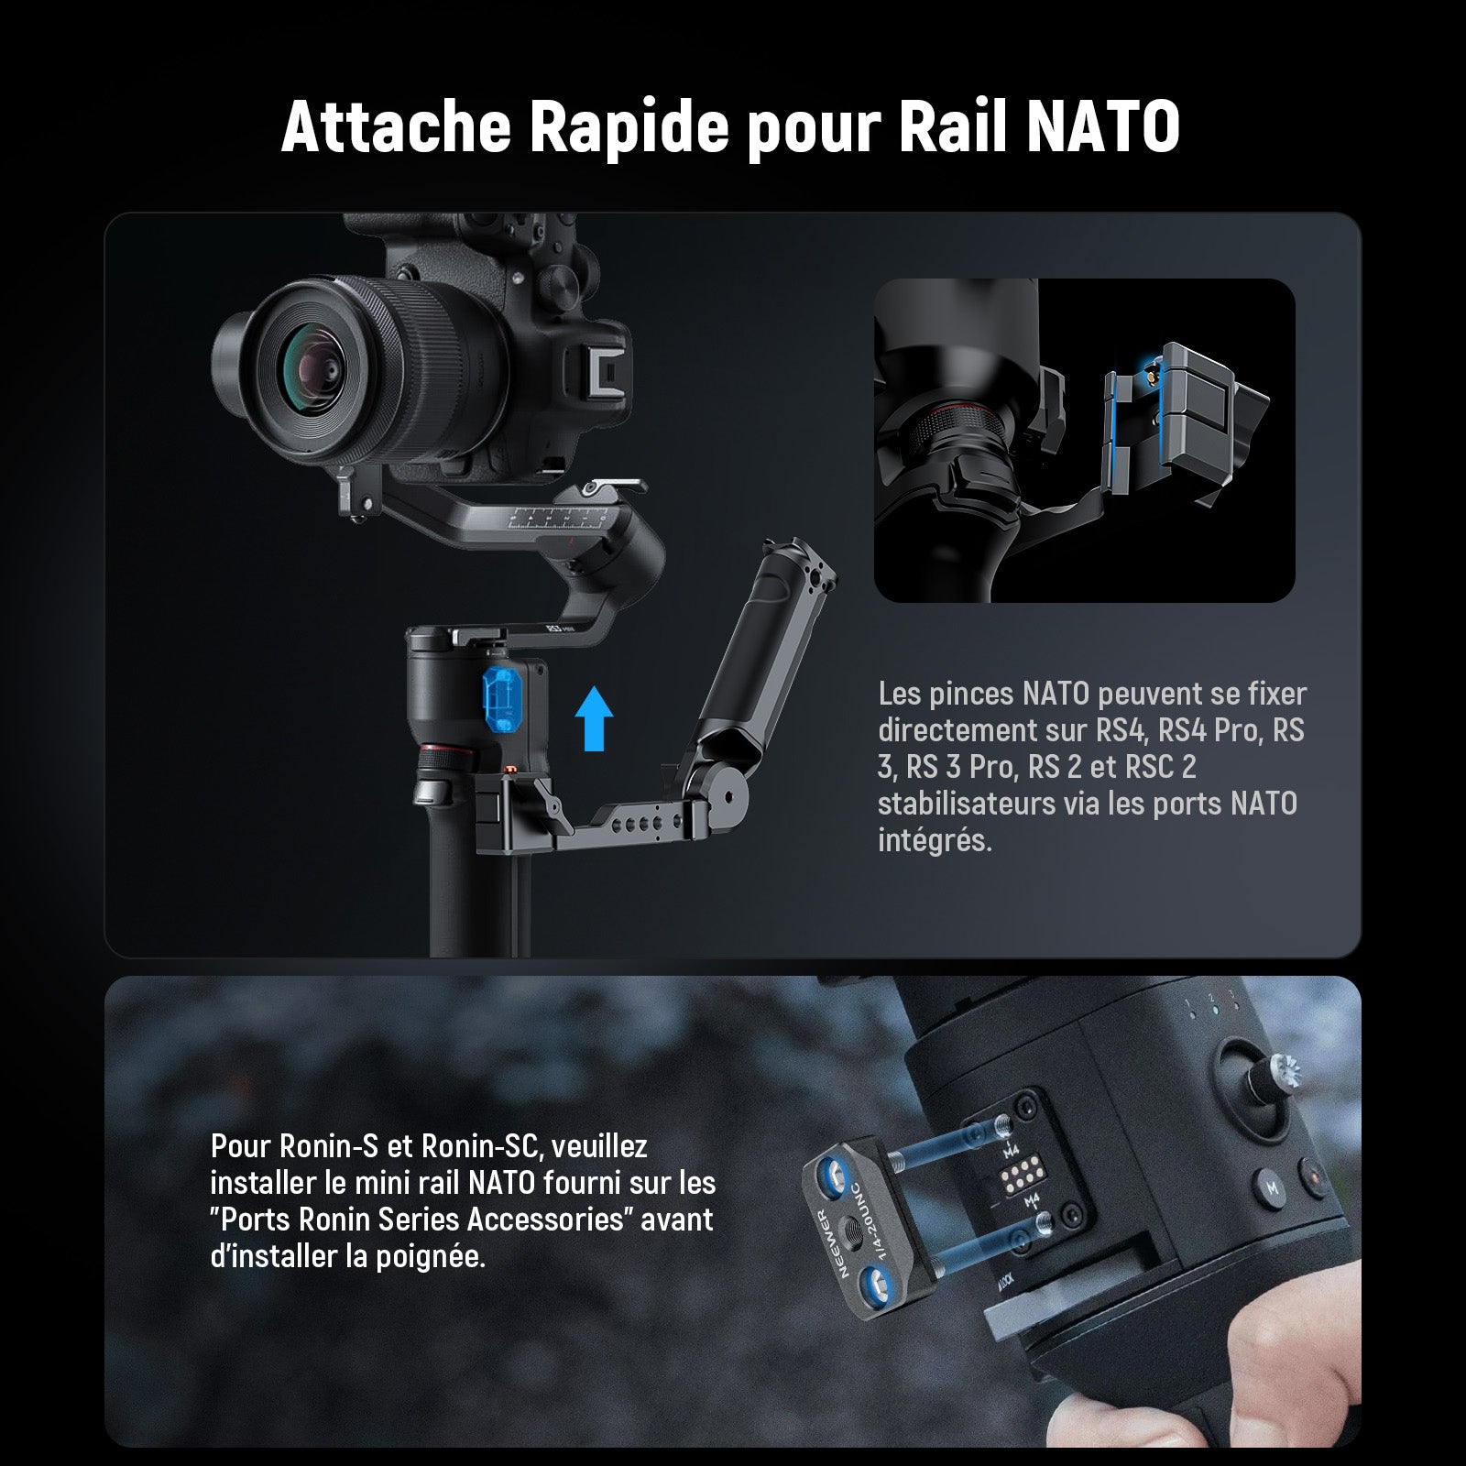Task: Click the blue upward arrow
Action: pos(595,718)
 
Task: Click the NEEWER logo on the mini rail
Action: pos(823,1245)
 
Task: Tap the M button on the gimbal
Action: pos(1272,1188)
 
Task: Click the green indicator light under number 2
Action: pos(1211,1013)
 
